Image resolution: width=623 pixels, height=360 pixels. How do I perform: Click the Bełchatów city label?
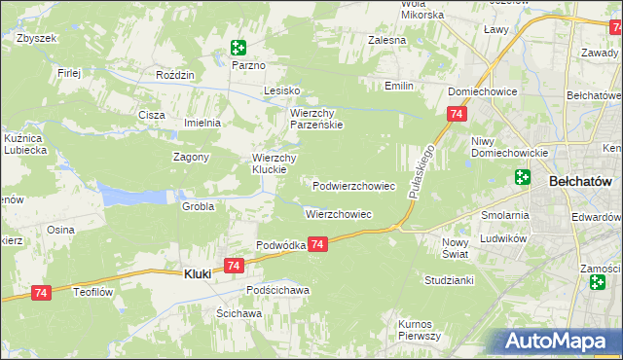coord(579,181)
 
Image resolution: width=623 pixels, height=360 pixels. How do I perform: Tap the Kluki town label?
coord(198,275)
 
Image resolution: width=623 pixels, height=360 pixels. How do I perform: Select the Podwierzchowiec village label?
coord(353,185)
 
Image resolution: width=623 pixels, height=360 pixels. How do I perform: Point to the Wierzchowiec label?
coord(339,213)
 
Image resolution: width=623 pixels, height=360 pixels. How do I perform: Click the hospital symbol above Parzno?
coord(238,47)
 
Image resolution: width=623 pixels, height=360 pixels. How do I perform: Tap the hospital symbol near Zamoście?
coord(597,282)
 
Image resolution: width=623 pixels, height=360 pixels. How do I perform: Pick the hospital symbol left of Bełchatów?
coord(522,177)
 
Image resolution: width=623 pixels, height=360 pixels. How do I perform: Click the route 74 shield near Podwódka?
coord(318,248)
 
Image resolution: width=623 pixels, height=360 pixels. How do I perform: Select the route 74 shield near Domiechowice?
coord(456,115)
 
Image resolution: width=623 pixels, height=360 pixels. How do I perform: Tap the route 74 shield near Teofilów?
coord(41,292)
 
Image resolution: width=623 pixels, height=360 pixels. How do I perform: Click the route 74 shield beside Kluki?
coord(233,265)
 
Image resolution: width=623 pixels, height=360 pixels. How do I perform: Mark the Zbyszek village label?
coord(37,38)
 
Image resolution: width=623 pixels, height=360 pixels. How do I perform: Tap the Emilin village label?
coord(398,87)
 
